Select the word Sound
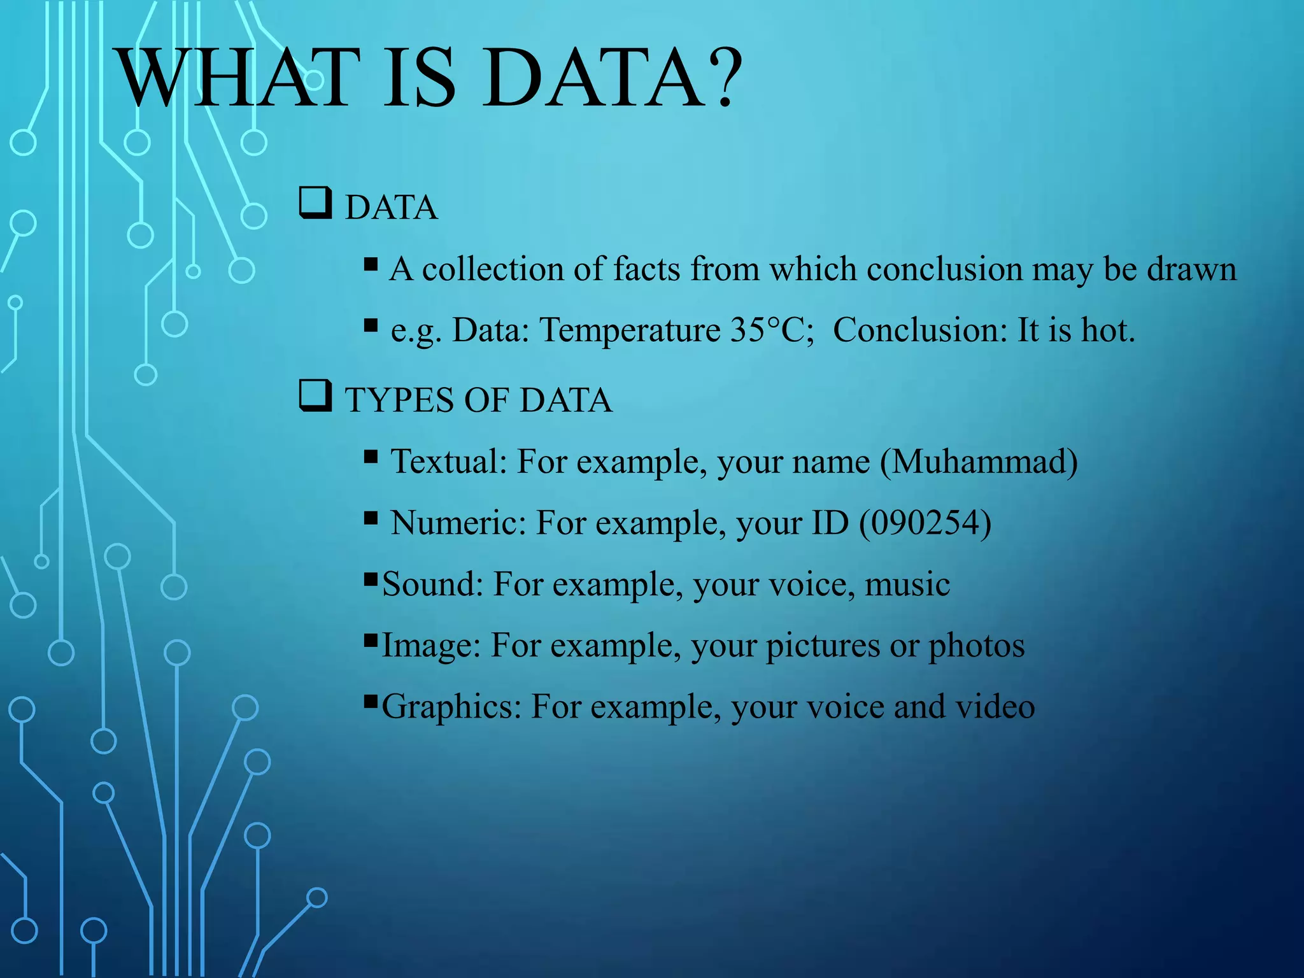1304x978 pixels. point(432,584)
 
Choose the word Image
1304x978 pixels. point(430,646)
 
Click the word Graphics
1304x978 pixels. point(451,707)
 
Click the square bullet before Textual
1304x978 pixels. point(371,457)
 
